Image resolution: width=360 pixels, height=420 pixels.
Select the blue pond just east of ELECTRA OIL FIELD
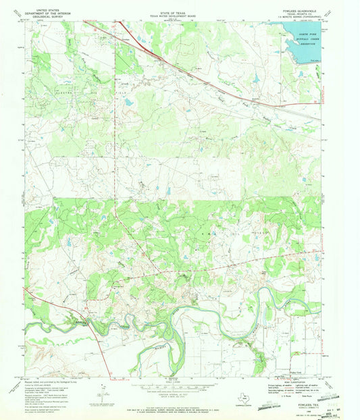tap(128, 102)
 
